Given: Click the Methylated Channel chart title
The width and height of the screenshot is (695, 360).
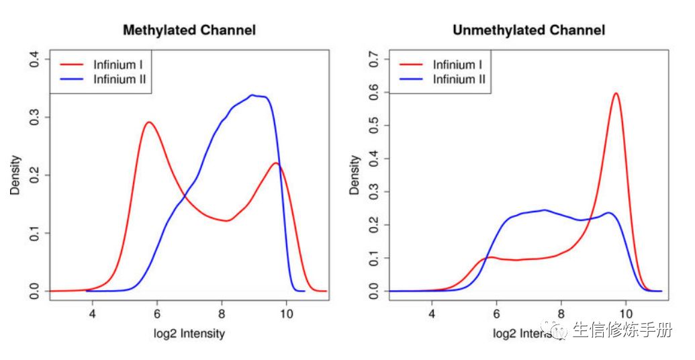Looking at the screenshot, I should click(189, 30).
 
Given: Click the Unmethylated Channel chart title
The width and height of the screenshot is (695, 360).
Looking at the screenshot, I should click(528, 30).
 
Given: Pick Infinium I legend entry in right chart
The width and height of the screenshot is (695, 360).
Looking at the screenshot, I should click(457, 64).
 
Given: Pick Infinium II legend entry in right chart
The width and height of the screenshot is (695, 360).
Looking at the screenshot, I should click(459, 79).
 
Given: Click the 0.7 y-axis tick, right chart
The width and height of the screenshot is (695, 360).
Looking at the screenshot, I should click(374, 60).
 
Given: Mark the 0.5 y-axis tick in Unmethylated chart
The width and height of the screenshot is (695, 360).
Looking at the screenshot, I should click(374, 126).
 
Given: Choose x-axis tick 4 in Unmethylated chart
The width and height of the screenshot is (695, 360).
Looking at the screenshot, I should click(432, 313).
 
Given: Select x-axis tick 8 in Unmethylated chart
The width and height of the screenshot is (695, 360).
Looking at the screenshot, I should click(561, 313).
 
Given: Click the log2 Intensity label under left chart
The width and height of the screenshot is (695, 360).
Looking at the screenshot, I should click(189, 334).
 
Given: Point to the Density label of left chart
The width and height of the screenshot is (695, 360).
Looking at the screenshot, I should click(15, 176).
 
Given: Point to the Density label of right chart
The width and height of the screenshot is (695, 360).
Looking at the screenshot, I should click(355, 176).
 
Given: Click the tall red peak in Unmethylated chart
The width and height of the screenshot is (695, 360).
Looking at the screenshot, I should click(616, 93).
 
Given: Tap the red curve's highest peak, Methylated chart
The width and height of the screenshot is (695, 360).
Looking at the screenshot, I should click(149, 122).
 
